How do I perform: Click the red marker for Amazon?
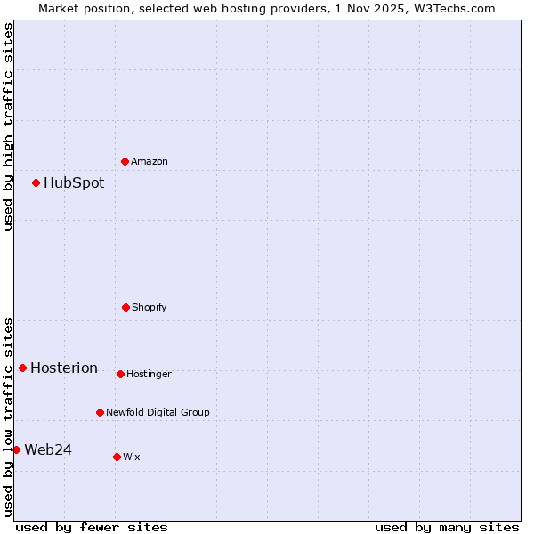click(125, 161)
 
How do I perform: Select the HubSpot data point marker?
click(36, 182)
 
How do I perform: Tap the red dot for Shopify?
click(125, 307)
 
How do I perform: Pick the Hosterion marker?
click(23, 368)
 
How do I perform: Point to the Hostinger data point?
click(120, 374)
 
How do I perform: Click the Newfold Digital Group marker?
click(100, 412)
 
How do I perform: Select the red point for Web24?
click(17, 449)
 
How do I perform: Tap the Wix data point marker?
click(117, 457)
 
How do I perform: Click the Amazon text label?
click(150, 161)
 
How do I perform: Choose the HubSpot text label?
click(74, 182)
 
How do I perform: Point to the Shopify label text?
click(150, 307)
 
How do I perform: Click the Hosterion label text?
click(64, 368)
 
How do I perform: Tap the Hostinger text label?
click(149, 374)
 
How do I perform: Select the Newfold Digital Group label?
click(158, 412)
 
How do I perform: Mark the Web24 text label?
click(48, 449)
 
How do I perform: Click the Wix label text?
click(132, 457)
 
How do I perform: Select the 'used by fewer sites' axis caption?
click(92, 527)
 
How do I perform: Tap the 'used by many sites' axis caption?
click(447, 527)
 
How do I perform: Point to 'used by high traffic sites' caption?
click(8, 126)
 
